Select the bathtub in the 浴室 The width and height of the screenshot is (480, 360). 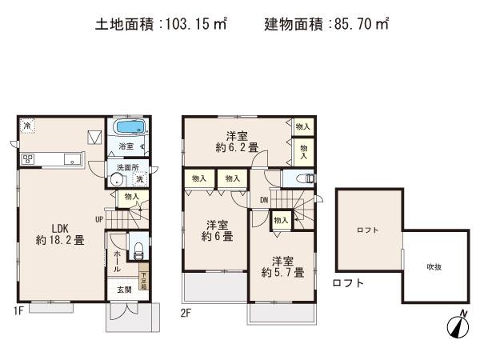pyautogui.click(x=126, y=128)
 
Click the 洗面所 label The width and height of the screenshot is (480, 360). pyautogui.click(x=126, y=167)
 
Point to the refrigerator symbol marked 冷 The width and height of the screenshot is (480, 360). pyautogui.click(x=27, y=126)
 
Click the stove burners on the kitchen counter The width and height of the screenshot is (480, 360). pyautogui.click(x=27, y=158)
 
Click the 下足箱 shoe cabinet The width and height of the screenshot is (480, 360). pyautogui.click(x=144, y=279)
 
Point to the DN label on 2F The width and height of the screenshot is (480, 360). pyautogui.click(x=263, y=199)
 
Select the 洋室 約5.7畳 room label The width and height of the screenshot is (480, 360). pyautogui.click(x=282, y=266)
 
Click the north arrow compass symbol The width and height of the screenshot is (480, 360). pyautogui.click(x=458, y=324)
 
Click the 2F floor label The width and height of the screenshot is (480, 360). pyautogui.click(x=185, y=311)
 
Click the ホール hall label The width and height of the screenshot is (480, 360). pyautogui.click(x=117, y=261)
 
